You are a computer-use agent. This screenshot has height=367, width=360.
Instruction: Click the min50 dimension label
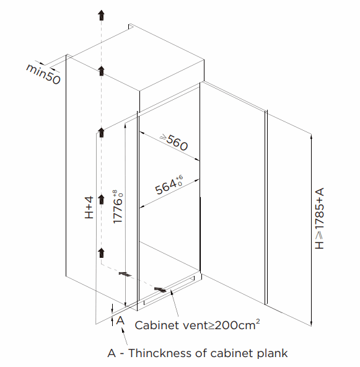(43, 74)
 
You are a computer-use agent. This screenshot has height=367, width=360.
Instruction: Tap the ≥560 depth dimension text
(174, 142)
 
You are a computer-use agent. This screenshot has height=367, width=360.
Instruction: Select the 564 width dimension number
(166, 187)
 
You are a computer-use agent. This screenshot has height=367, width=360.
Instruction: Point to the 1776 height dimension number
(118, 211)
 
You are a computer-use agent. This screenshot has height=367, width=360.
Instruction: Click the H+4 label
(89, 208)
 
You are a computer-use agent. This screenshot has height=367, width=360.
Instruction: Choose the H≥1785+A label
(319, 218)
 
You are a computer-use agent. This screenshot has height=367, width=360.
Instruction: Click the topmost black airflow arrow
(101, 15)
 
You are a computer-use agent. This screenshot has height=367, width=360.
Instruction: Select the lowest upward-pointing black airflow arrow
(101, 253)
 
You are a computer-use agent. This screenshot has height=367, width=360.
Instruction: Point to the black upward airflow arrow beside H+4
(101, 199)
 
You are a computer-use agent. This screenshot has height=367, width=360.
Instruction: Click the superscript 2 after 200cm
(258, 322)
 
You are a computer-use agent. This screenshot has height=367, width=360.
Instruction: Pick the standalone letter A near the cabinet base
(120, 320)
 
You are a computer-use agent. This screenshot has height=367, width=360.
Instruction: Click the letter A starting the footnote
(112, 353)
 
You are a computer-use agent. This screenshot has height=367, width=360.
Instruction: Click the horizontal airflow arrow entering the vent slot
(160, 290)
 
